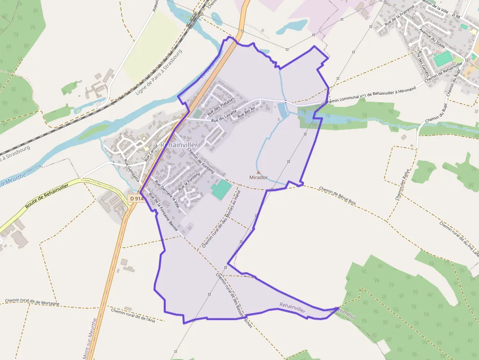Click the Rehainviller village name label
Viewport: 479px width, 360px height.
coord(179,145)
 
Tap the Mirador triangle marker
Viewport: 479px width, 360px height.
coord(259,172)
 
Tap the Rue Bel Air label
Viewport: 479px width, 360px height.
coord(247,112)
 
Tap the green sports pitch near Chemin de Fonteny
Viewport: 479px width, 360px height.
coord(221,189)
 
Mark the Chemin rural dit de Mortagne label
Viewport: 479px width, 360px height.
coord(32,302)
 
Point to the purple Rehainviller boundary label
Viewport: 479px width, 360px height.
coord(292,307)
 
